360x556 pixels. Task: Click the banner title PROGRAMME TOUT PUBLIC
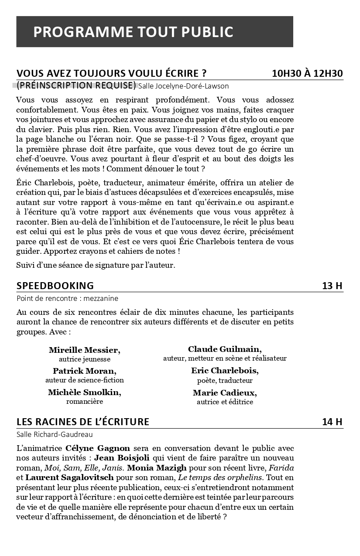[x=133, y=32]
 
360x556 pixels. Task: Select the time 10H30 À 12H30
[x=307, y=73]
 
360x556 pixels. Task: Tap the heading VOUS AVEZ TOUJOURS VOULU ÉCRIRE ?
[x=111, y=73]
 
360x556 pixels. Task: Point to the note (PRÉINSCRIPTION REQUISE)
[x=76, y=85]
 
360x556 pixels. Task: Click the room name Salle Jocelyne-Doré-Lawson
[x=183, y=86]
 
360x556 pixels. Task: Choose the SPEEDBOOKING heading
[x=55, y=286]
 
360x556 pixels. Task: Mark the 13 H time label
[x=332, y=286]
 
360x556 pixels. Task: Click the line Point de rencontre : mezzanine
[x=67, y=298]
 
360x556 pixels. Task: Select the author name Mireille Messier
[x=84, y=350]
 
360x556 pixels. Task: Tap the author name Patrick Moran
[x=84, y=371]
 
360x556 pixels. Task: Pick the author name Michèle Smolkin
[x=84, y=392]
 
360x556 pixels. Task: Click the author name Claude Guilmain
[x=225, y=349]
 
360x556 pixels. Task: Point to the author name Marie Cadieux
[x=225, y=392]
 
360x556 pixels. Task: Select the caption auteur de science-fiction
[x=84, y=380]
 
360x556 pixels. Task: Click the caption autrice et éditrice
[x=225, y=402]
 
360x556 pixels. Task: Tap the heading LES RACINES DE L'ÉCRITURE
[x=83, y=422]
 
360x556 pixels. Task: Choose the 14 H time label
[x=332, y=422]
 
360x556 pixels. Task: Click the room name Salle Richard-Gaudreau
[x=55, y=434]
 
